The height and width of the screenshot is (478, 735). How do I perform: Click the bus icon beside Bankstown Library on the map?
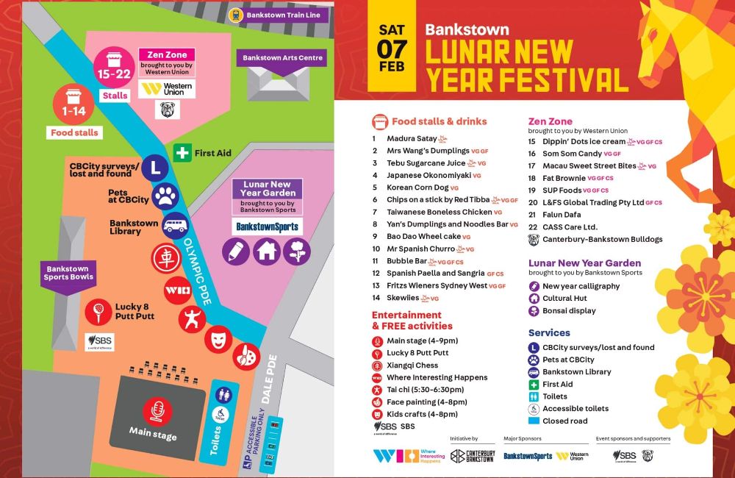175,224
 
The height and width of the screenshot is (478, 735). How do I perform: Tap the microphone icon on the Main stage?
156,409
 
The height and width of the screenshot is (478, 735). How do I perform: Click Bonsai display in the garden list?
569,311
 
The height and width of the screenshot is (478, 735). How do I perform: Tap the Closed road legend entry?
564,421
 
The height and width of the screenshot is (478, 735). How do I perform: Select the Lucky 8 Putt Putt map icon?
95,309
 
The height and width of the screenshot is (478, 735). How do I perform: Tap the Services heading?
549,333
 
